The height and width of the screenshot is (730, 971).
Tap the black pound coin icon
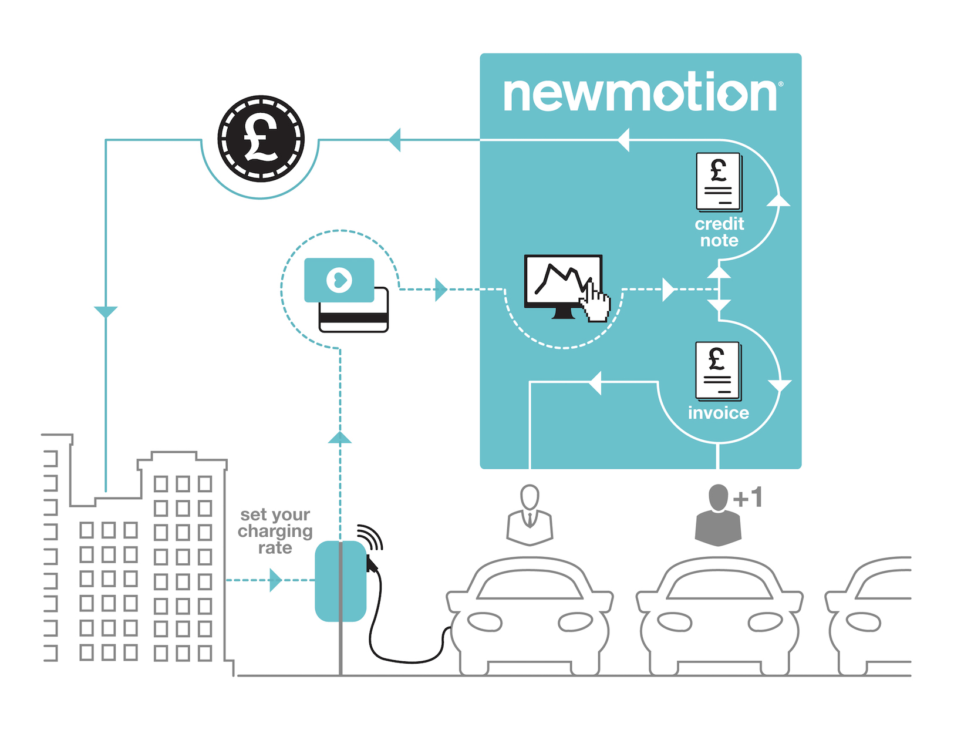pyautogui.click(x=261, y=139)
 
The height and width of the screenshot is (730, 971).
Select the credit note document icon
pyautogui.click(x=719, y=182)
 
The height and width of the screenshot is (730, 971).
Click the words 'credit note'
pyautogui.click(x=719, y=233)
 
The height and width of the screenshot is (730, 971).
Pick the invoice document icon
pyautogui.click(x=718, y=371)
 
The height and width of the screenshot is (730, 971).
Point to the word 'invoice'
pyautogui.click(x=719, y=413)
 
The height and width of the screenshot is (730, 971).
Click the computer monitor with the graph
pyautogui.click(x=563, y=286)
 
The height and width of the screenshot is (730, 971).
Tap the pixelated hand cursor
pyautogui.click(x=595, y=302)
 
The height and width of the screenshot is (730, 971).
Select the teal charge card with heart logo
pyautogui.click(x=339, y=280)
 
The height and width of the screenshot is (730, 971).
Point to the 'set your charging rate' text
pyautogui.click(x=275, y=531)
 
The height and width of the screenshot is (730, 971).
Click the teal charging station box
pyautogui.click(x=340, y=581)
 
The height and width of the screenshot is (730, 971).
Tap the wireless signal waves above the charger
pyautogui.click(x=370, y=537)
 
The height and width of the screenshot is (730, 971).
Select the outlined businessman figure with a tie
pyautogui.click(x=530, y=516)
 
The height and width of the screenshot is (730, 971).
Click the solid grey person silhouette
pyautogui.click(x=718, y=516)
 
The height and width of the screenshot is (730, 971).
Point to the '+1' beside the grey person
pyautogui.click(x=747, y=497)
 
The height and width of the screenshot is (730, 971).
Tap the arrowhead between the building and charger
pyautogui.click(x=275, y=580)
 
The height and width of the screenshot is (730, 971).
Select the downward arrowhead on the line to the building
pyautogui.click(x=106, y=312)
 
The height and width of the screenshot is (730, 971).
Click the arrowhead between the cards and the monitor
pyautogui.click(x=441, y=290)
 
